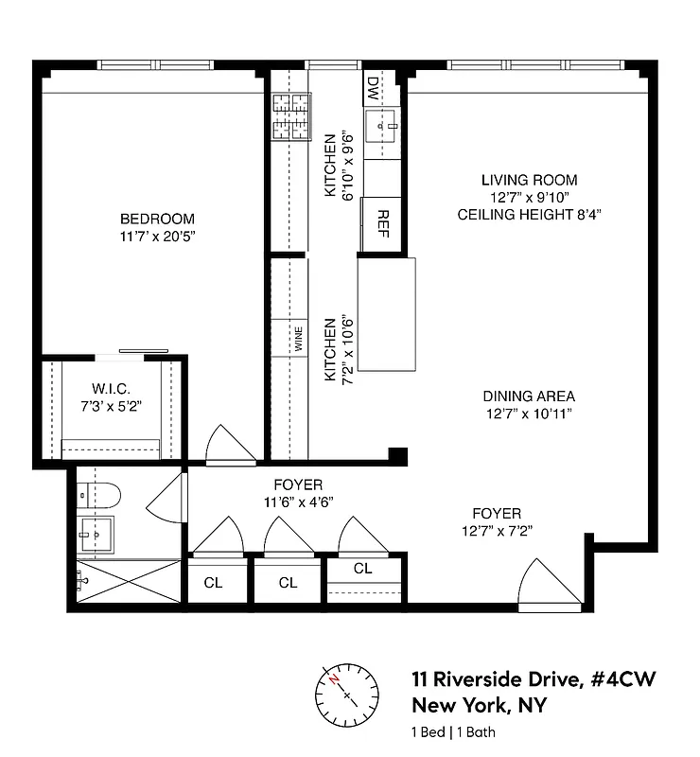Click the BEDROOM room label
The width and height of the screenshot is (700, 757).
pos(151,217)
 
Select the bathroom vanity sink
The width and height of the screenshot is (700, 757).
pos(96,535)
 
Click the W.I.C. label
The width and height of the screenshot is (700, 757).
pos(111,389)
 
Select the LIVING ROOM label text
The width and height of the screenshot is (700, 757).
pos(529,180)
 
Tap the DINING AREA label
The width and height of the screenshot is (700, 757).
pos(529,396)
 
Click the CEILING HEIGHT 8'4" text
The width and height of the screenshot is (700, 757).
pos(529,215)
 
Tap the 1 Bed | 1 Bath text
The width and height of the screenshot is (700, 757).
pos(453,731)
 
